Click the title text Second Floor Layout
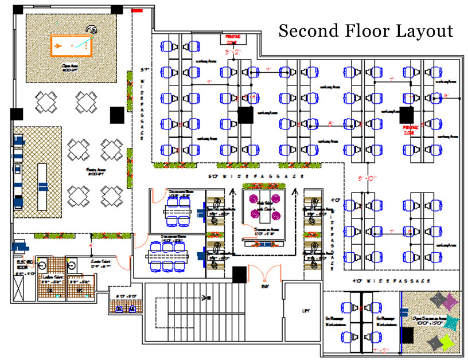click(365, 31)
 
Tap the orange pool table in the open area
click(72, 45)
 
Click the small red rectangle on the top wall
click(137, 10)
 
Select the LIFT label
click(306, 311)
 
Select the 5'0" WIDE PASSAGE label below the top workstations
click(256, 176)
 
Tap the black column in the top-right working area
click(407, 114)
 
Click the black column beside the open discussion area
click(408, 334)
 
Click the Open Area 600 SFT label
click(70, 67)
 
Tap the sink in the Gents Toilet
click(73, 266)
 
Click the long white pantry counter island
click(42, 186)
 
